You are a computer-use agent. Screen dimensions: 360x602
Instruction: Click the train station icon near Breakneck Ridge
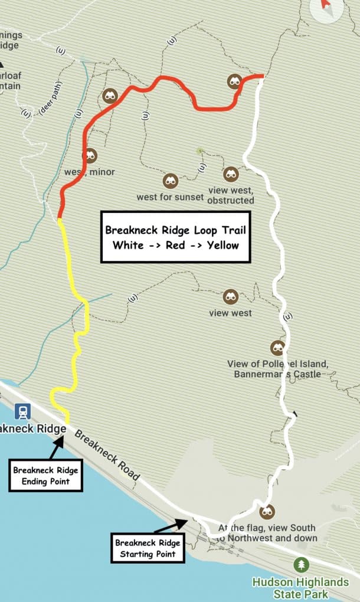pyautogui.click(x=24, y=411)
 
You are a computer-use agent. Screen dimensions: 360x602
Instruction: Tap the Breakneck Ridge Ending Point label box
pyautogui.click(x=45, y=476)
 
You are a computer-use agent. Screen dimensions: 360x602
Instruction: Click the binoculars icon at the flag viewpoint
pyautogui.click(x=267, y=511)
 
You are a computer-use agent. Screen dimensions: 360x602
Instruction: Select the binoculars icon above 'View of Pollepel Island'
pyautogui.click(x=277, y=348)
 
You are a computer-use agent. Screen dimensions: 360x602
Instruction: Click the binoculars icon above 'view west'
pyautogui.click(x=230, y=297)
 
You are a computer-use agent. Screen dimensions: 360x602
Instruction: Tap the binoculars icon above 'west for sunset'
pyautogui.click(x=170, y=181)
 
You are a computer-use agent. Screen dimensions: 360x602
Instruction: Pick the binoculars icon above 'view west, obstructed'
pyautogui.click(x=231, y=174)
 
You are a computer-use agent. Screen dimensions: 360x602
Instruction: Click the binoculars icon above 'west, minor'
pyautogui.click(x=89, y=156)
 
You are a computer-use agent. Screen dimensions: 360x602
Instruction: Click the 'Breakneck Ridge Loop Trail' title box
pyautogui.click(x=176, y=237)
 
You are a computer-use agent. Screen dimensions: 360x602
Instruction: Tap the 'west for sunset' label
pyautogui.click(x=170, y=197)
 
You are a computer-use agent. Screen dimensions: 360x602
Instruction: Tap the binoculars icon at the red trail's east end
pyautogui.click(x=235, y=82)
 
